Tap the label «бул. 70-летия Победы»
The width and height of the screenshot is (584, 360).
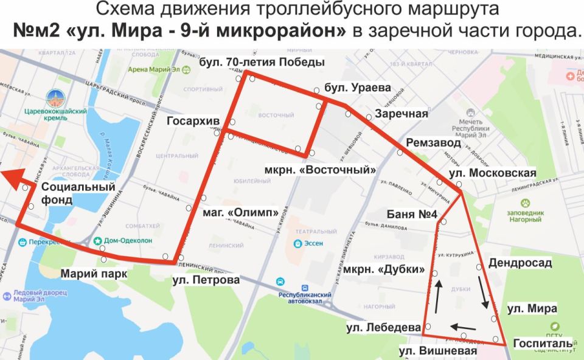click(262, 61)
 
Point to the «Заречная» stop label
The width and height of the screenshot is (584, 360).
click(401, 114)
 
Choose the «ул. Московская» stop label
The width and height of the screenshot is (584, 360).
click(492, 173)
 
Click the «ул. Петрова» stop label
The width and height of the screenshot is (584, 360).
click(206, 280)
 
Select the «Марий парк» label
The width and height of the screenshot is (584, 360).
click(94, 274)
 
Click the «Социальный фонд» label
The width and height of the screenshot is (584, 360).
click(78, 193)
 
